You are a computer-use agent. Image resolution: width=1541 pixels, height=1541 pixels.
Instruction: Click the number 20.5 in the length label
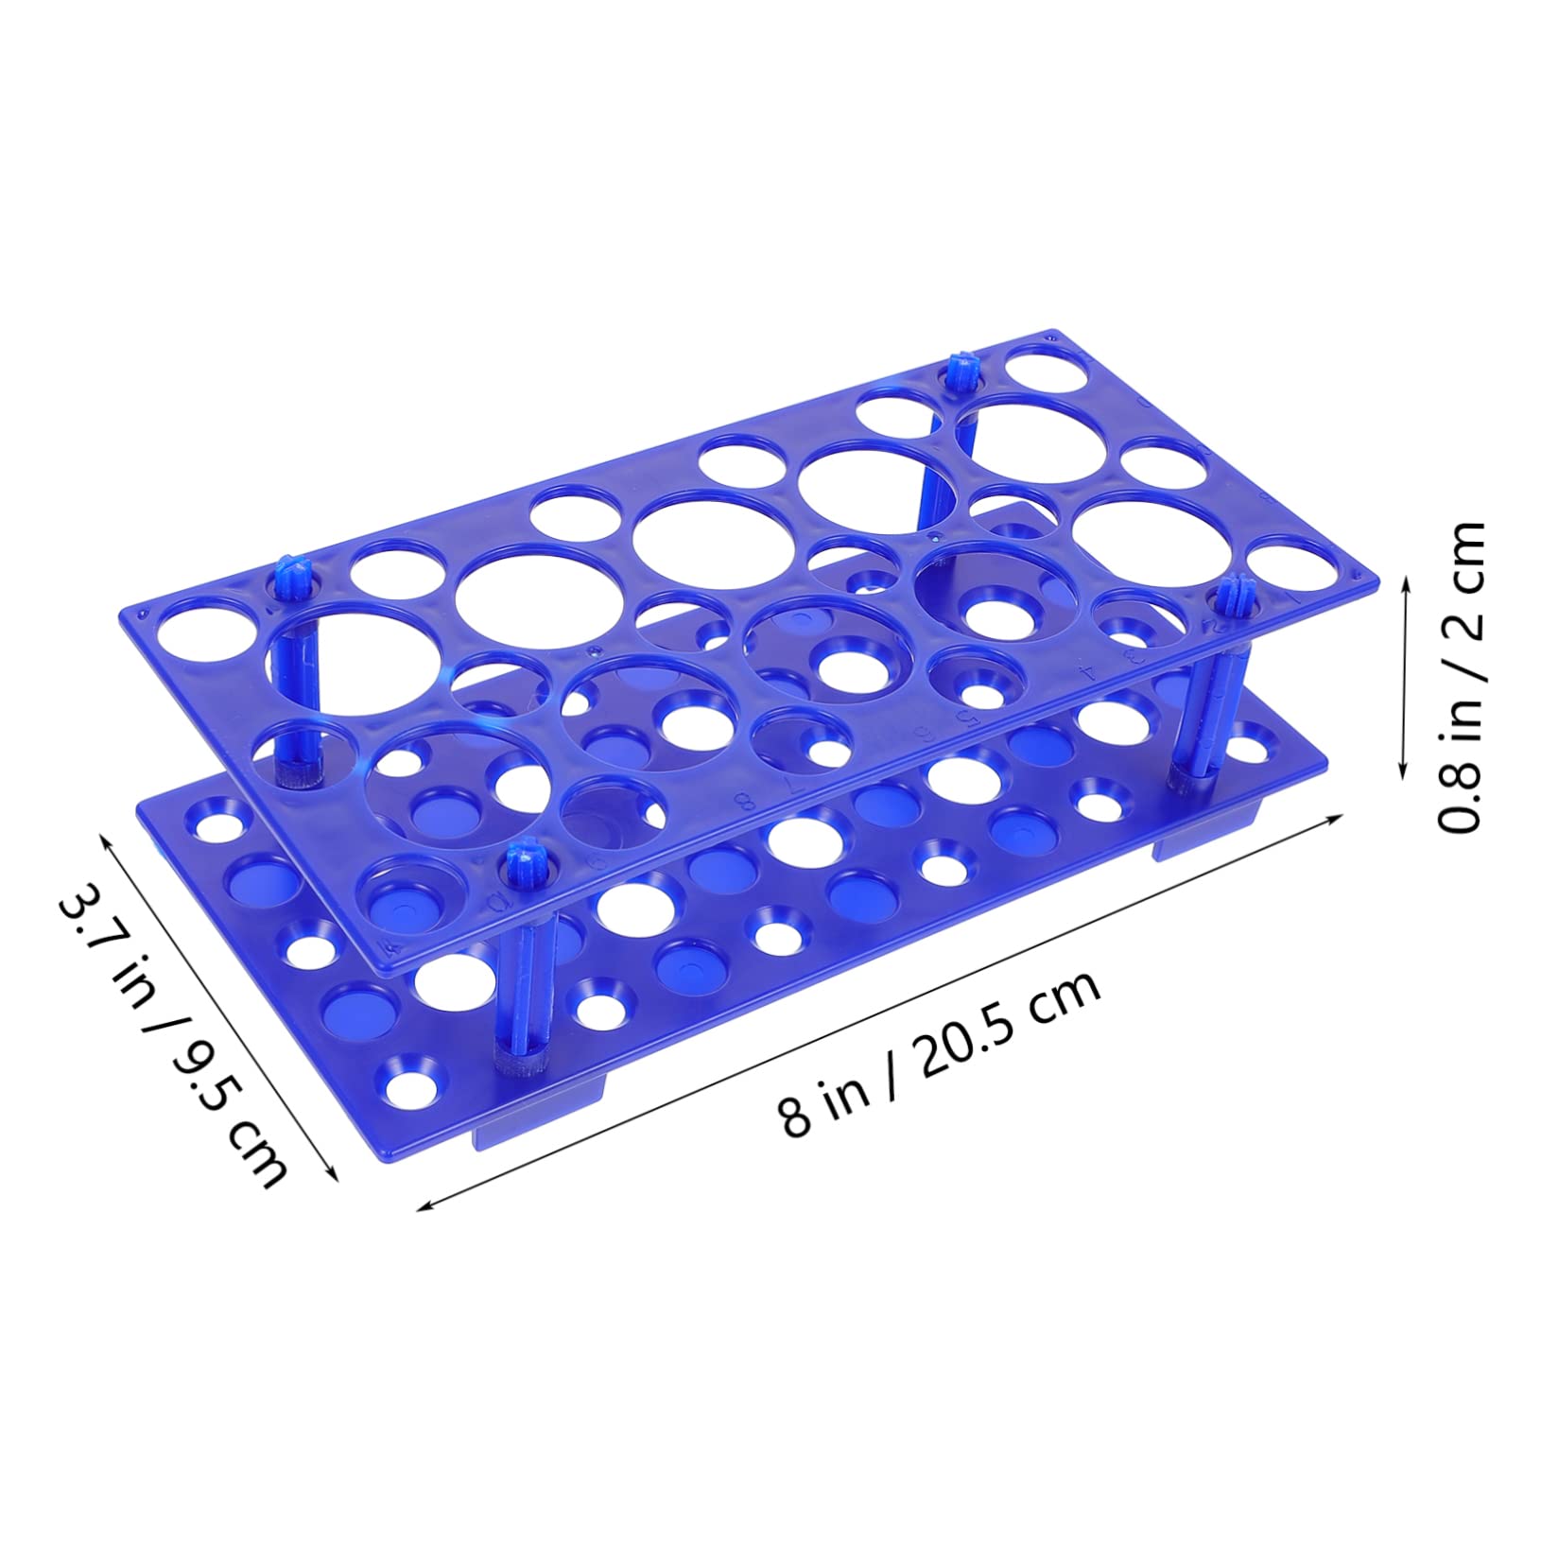tap(983, 1039)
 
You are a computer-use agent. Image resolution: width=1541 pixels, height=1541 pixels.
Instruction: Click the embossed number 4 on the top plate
tap(1088, 674)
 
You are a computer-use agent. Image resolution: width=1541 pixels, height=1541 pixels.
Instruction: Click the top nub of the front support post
tap(519, 860)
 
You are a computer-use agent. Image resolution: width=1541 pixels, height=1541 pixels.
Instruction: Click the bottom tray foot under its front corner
tap(534, 1130)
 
